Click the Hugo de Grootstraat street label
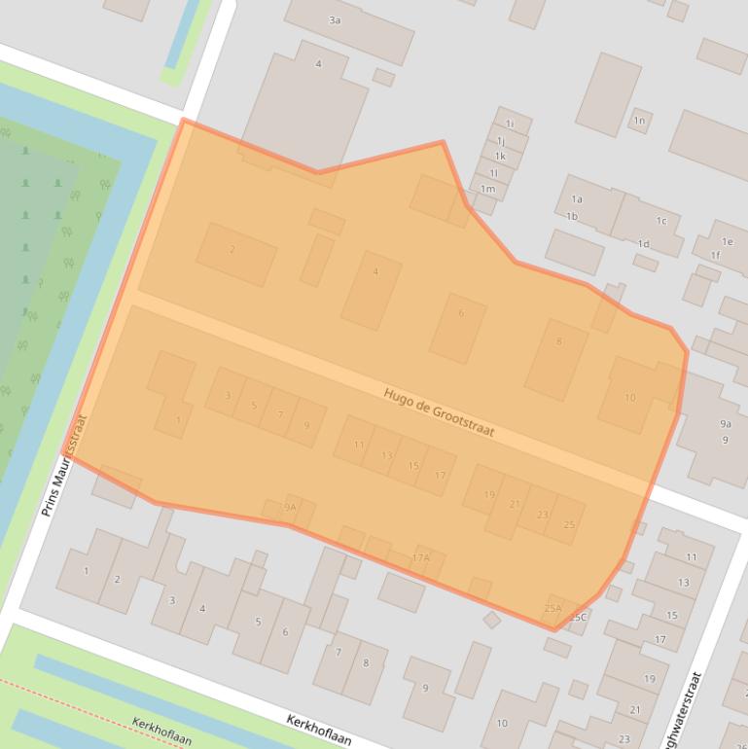tap(439, 412)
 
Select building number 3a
tap(335, 20)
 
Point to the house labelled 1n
tap(639, 121)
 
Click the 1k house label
tap(500, 156)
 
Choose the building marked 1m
tap(487, 189)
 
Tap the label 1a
tap(577, 199)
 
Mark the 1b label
tap(572, 216)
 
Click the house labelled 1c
tap(661, 221)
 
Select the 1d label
tap(643, 243)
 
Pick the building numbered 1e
tap(728, 241)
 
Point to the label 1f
tap(716, 256)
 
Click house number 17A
tap(420, 558)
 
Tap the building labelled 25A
tap(552, 609)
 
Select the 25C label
tap(579, 617)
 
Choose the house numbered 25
tap(569, 525)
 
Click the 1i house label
tap(510, 124)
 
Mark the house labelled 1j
tap(501, 140)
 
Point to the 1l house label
tap(493, 172)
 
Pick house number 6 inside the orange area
tap(461, 313)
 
